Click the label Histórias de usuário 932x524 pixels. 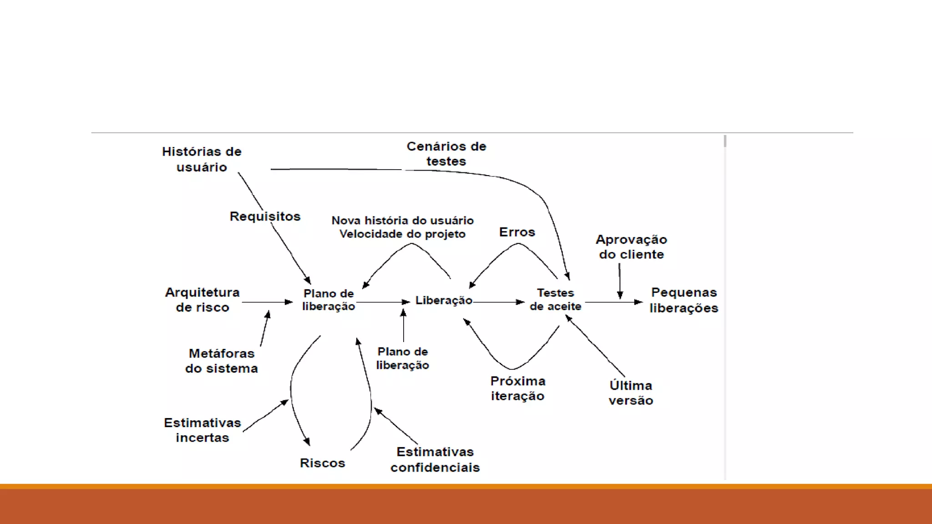coord(202,159)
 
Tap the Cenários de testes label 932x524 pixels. coord(446,154)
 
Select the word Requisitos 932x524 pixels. coord(265,217)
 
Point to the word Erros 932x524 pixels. coord(517,232)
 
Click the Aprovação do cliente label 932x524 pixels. coord(631,247)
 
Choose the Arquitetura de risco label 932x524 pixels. coord(203,300)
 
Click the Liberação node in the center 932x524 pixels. coord(444,301)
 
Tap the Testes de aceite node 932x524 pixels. coord(555,300)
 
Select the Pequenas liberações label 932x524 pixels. coord(684,300)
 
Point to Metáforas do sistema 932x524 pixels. coord(222,361)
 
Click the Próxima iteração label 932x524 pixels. coord(518,388)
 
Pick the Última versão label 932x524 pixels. coord(631,393)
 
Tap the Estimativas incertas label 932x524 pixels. coord(203,430)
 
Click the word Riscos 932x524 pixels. coord(322,463)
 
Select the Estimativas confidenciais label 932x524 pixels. coord(435,459)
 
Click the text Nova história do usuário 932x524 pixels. coord(402,221)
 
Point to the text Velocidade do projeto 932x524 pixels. coord(402,234)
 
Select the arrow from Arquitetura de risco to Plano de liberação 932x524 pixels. coord(267,302)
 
